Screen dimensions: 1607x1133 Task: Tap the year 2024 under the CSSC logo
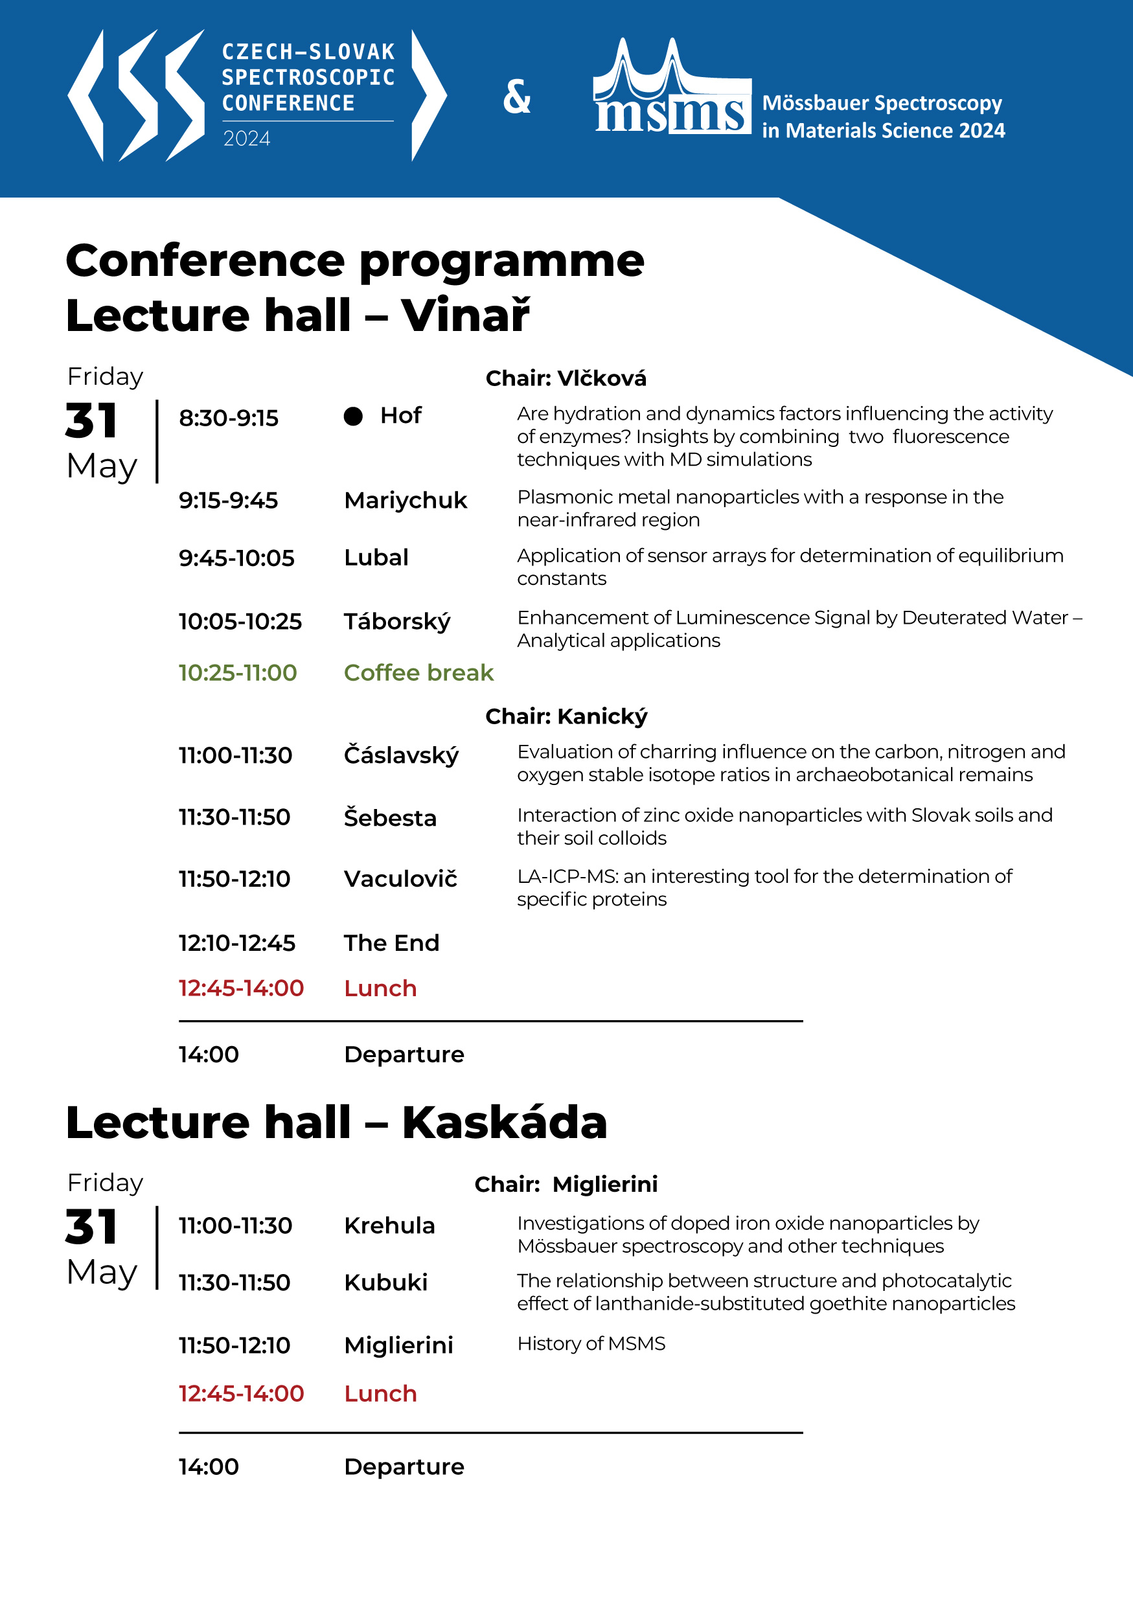tap(246, 139)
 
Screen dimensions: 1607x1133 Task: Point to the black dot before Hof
tap(354, 416)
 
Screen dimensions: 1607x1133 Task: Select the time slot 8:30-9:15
tap(228, 418)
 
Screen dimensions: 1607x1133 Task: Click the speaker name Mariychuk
tap(405, 501)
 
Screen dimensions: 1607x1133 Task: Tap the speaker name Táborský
tap(397, 622)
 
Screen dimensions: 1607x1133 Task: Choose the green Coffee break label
tap(418, 672)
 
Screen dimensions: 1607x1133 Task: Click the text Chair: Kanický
tap(566, 716)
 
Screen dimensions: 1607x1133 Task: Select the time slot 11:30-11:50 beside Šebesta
tap(235, 817)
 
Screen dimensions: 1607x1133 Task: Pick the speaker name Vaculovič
tap(400, 879)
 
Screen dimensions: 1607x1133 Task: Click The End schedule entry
tap(391, 943)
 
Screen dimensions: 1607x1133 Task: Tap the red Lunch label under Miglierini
tap(380, 1393)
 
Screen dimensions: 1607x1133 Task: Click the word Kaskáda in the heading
tap(504, 1123)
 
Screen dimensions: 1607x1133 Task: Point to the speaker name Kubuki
tap(385, 1282)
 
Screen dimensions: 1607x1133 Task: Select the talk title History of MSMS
tap(591, 1343)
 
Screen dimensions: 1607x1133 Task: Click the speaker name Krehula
tap(389, 1225)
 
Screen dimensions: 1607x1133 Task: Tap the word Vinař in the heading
tap(465, 315)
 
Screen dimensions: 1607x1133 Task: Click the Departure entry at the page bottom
tap(404, 1466)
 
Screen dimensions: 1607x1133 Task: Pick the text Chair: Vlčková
tap(566, 378)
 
